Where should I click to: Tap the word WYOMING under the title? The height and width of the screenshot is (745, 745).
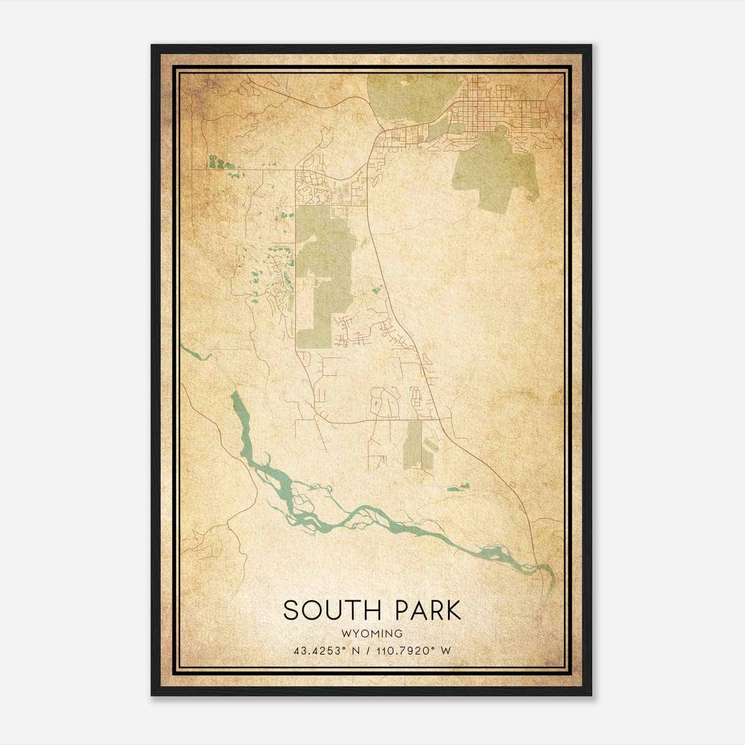click(x=372, y=634)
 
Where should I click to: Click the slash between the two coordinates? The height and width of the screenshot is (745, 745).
click(x=370, y=651)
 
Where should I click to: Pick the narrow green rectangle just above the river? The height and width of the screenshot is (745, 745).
click(x=413, y=445)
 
